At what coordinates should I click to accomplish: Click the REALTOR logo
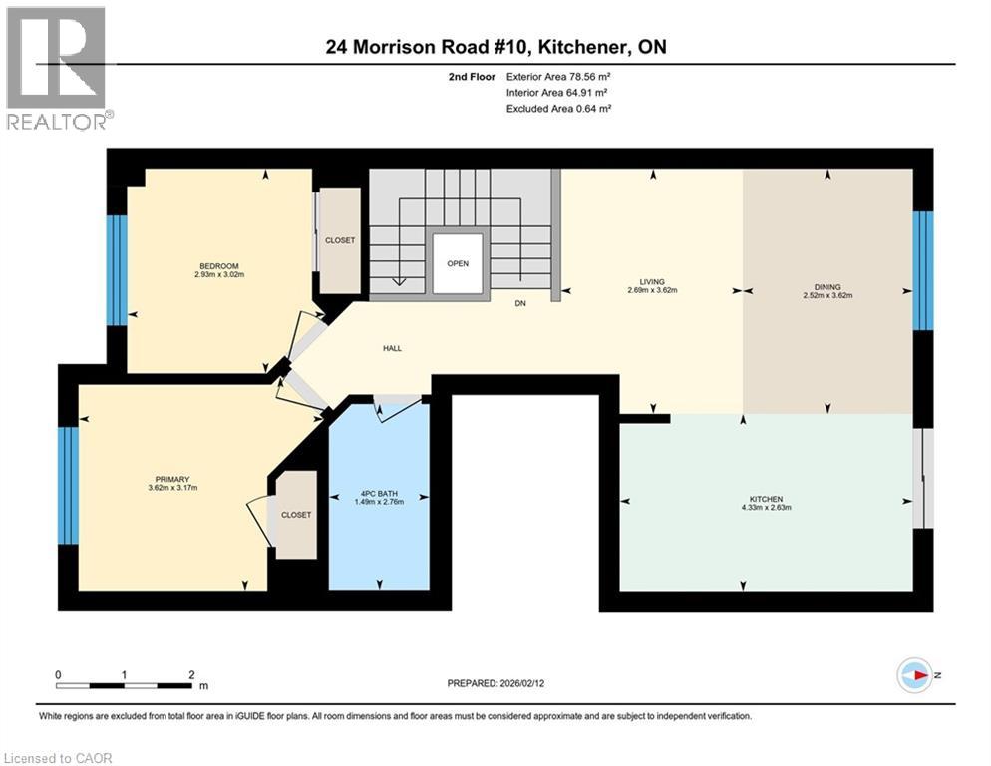point(57,67)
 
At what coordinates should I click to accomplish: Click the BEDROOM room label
point(218,265)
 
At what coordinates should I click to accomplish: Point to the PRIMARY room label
point(171,480)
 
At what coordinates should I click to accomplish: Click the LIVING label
point(652,282)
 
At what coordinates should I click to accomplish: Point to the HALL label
point(392,348)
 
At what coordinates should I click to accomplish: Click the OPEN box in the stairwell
point(458,264)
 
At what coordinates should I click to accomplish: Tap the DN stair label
point(519,304)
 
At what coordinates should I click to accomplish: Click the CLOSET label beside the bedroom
point(340,240)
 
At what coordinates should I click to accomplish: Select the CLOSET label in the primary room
point(296,515)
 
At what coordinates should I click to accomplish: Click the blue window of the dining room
point(923,270)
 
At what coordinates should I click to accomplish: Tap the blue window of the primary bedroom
point(67,485)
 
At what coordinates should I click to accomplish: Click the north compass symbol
point(914,674)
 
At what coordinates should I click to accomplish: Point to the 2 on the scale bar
point(190,675)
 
